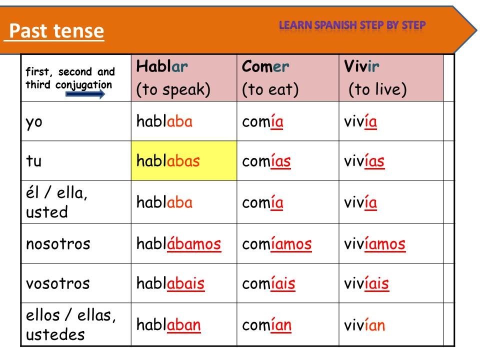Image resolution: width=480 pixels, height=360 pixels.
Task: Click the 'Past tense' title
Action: coord(56,31)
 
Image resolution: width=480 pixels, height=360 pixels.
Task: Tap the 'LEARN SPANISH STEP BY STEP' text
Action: coord(352,25)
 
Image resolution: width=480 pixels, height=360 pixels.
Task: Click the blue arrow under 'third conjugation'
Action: coord(85,94)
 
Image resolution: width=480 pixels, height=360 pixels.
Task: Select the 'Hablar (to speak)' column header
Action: coord(183,78)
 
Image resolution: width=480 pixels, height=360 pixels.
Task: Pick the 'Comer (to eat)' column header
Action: coord(288,78)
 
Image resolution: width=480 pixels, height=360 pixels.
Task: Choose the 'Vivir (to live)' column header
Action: coord(391,78)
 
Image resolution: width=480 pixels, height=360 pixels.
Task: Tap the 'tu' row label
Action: coord(33,161)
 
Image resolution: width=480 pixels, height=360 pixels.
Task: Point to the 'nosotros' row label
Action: coord(58,244)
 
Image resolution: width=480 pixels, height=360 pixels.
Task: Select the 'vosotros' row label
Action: coord(58,283)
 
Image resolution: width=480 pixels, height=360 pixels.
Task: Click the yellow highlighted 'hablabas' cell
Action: coord(184,160)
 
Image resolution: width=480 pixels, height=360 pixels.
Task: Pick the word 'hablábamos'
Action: coord(179,243)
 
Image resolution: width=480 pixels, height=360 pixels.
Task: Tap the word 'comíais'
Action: coord(268,283)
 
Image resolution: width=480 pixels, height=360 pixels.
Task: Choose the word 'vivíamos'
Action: coord(374,243)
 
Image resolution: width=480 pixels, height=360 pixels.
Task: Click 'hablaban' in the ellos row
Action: coord(168,324)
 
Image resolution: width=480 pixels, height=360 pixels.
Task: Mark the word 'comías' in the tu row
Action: coord(266,160)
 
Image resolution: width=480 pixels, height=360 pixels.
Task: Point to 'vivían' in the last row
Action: coord(364,324)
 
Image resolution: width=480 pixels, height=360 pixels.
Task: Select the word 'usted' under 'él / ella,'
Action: coord(47,212)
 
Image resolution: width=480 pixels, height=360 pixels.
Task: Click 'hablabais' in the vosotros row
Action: coord(170,283)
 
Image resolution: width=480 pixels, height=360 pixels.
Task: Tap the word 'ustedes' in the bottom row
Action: coord(55,334)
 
